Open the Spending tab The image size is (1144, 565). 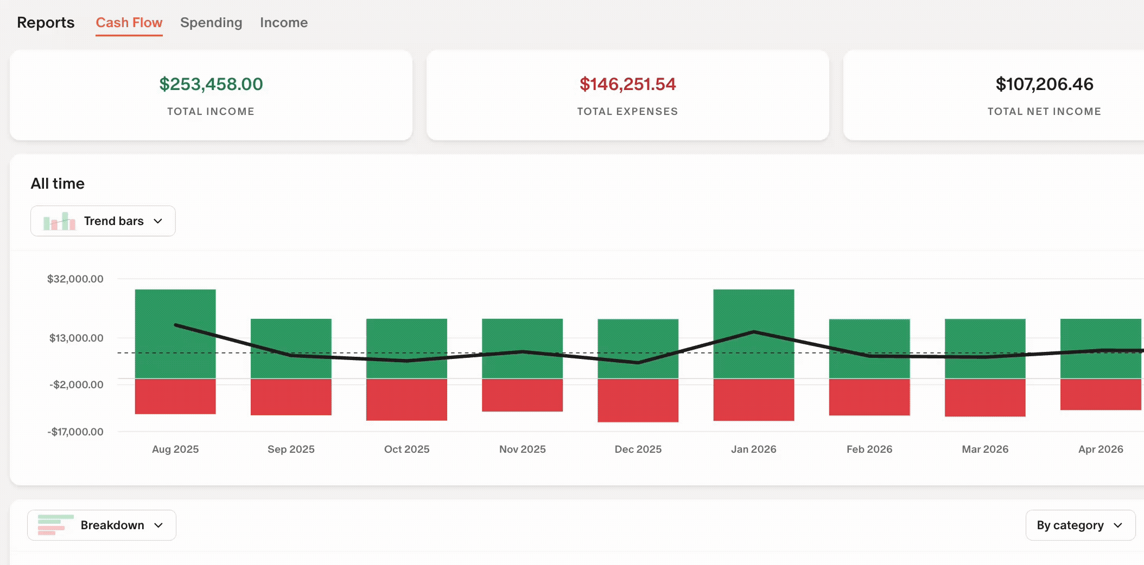(211, 23)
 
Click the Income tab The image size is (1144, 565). (284, 23)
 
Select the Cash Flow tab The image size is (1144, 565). (129, 23)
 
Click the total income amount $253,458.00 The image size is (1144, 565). (211, 84)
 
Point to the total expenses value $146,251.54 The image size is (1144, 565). (627, 84)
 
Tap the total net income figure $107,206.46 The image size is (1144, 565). (1044, 84)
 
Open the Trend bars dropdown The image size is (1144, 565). (103, 221)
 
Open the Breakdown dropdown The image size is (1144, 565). (102, 525)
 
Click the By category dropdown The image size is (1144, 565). (1081, 525)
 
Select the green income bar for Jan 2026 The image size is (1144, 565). (754, 334)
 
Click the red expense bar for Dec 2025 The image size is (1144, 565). (638, 400)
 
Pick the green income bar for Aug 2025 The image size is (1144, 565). (175, 334)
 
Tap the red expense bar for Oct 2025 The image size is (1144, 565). (406, 400)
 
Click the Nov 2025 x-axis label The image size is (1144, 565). (523, 449)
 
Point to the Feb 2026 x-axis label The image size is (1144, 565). (869, 449)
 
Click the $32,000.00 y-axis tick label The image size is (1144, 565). (75, 279)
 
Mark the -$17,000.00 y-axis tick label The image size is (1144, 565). (75, 432)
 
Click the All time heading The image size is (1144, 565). (58, 183)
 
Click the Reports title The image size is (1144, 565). (46, 23)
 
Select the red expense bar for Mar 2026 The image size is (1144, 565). (985, 397)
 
